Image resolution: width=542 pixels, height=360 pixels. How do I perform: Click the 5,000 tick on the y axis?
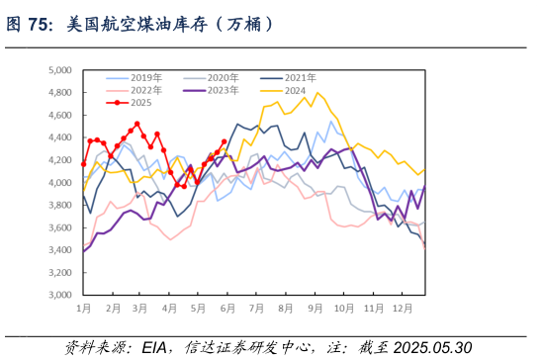tap(61, 71)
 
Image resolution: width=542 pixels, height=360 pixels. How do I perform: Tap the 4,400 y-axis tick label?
tap(61, 138)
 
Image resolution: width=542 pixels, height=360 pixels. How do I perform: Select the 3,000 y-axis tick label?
tap(61, 296)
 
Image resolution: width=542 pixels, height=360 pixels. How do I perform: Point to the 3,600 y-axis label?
tap(61, 228)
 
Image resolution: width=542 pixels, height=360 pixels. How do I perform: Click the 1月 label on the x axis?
tap(85, 310)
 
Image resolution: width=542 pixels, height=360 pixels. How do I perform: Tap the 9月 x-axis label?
tap(317, 310)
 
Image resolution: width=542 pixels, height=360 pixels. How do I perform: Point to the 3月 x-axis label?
tap(141, 310)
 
